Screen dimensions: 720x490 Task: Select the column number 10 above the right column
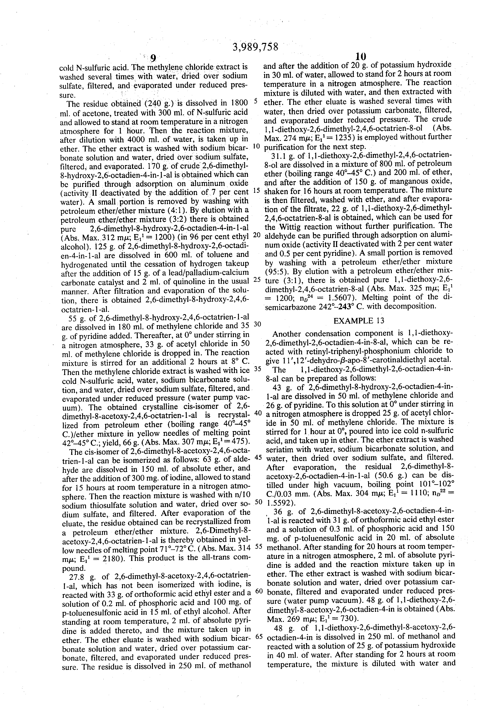(361, 56)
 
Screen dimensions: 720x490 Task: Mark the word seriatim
(281, 449)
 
